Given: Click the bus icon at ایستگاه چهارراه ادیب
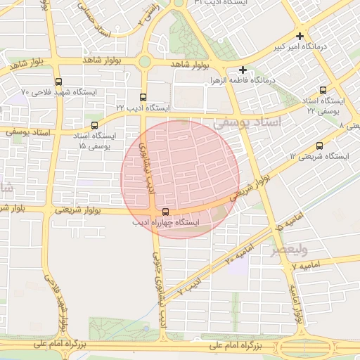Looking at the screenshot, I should [x=166, y=212].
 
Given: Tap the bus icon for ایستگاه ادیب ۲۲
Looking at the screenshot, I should [x=143, y=98].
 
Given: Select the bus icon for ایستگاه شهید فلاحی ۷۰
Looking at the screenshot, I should [x=58, y=81].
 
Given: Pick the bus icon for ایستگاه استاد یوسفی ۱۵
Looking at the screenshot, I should [x=95, y=125].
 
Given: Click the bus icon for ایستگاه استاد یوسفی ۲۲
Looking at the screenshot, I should [x=323, y=90].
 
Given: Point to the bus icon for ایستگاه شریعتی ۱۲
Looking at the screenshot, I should [x=320, y=146].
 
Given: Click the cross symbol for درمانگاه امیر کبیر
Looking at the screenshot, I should [x=300, y=36].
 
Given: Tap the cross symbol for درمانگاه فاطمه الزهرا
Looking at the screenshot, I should [x=243, y=70].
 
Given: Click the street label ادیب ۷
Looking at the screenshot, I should [x=188, y=286].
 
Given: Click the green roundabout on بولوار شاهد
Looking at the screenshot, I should [x=144, y=61].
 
